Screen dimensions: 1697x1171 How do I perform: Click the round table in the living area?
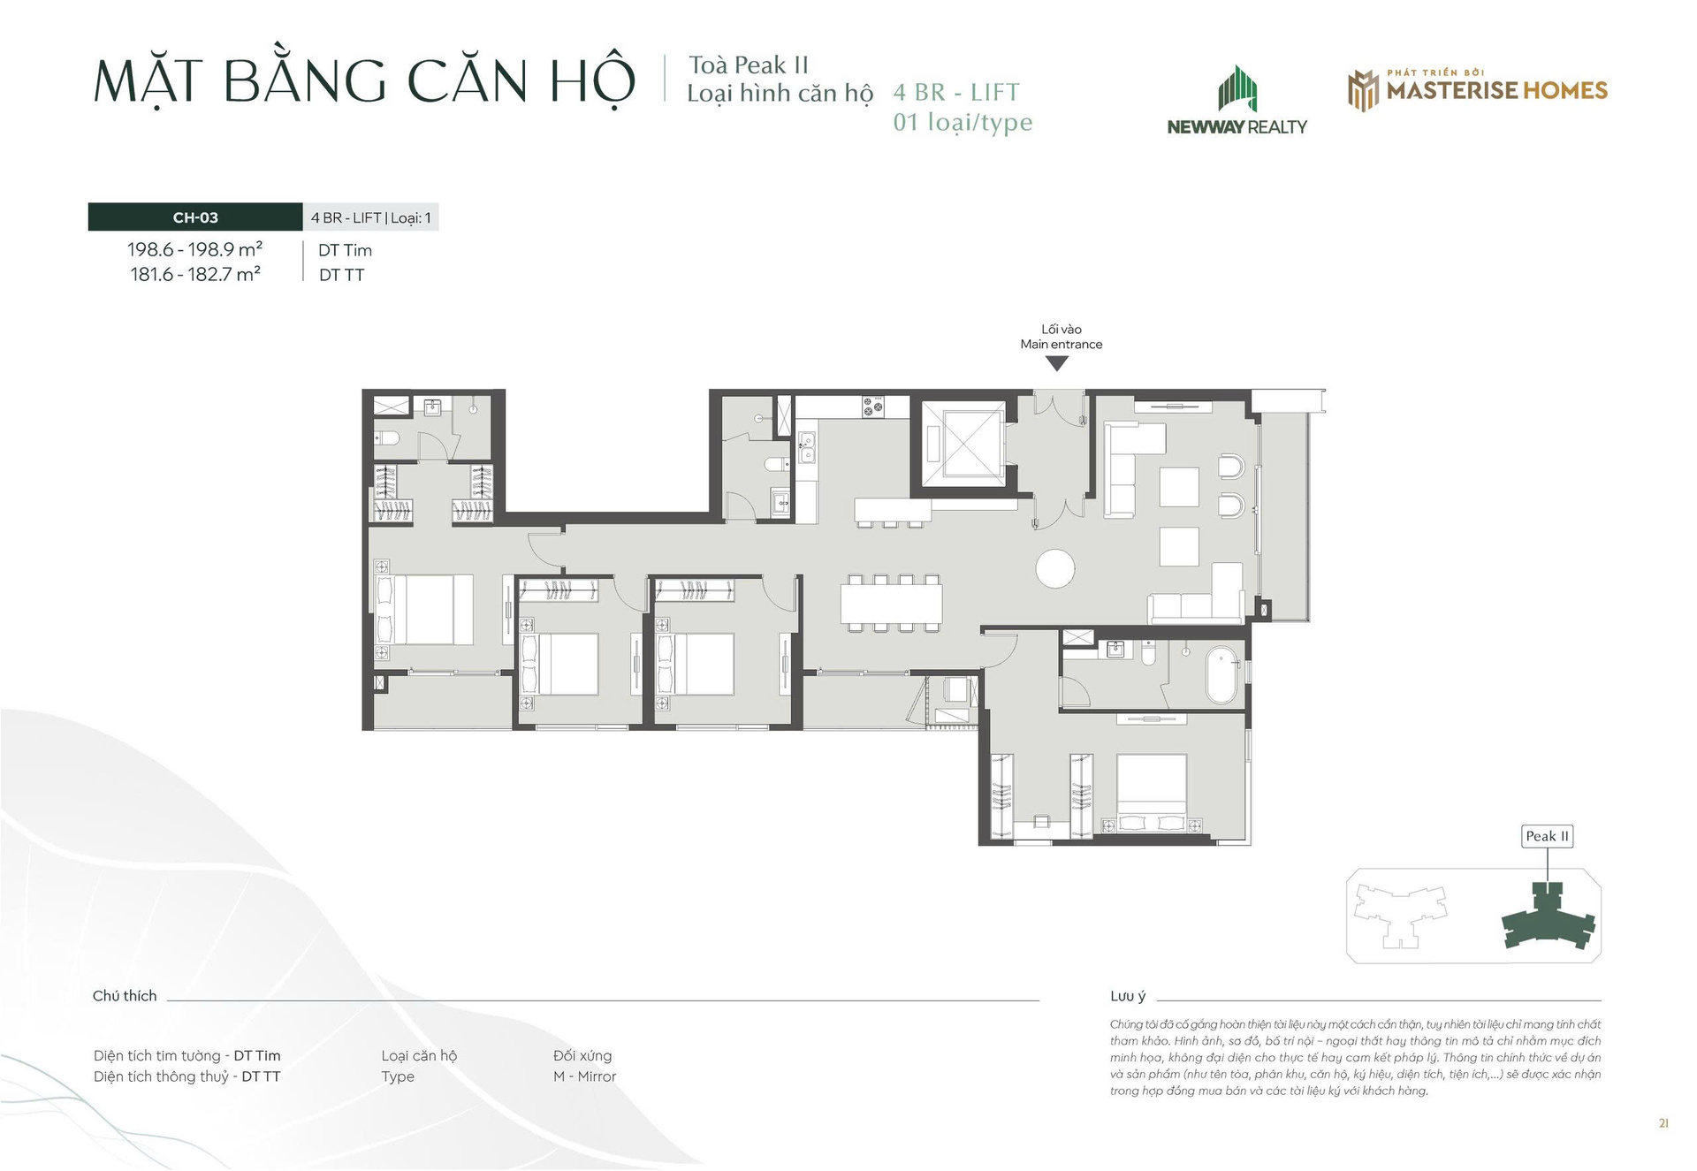(x=1055, y=568)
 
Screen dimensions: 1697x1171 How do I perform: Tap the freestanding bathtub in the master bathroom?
(x=1222, y=675)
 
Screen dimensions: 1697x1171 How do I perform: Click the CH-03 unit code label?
(x=195, y=217)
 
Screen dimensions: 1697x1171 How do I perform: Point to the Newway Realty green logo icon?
(x=1237, y=89)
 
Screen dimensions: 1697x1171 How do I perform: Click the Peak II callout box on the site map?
(x=1548, y=836)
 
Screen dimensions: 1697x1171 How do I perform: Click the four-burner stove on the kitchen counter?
(x=873, y=407)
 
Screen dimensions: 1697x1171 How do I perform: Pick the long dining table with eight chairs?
(x=892, y=604)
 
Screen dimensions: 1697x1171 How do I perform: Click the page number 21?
(x=1663, y=1123)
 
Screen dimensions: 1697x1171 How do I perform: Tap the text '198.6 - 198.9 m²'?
(x=195, y=250)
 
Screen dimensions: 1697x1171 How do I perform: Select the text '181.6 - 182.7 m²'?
(x=195, y=274)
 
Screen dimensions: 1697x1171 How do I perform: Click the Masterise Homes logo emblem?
(x=1363, y=90)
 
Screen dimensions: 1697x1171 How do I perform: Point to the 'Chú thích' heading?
(x=125, y=996)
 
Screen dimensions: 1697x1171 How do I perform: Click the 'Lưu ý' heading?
(x=1128, y=997)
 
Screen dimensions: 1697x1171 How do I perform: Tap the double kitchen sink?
(x=807, y=448)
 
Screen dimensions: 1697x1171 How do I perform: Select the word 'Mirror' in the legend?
(x=597, y=1076)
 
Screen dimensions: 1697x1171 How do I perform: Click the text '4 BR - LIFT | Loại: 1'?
(x=371, y=217)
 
